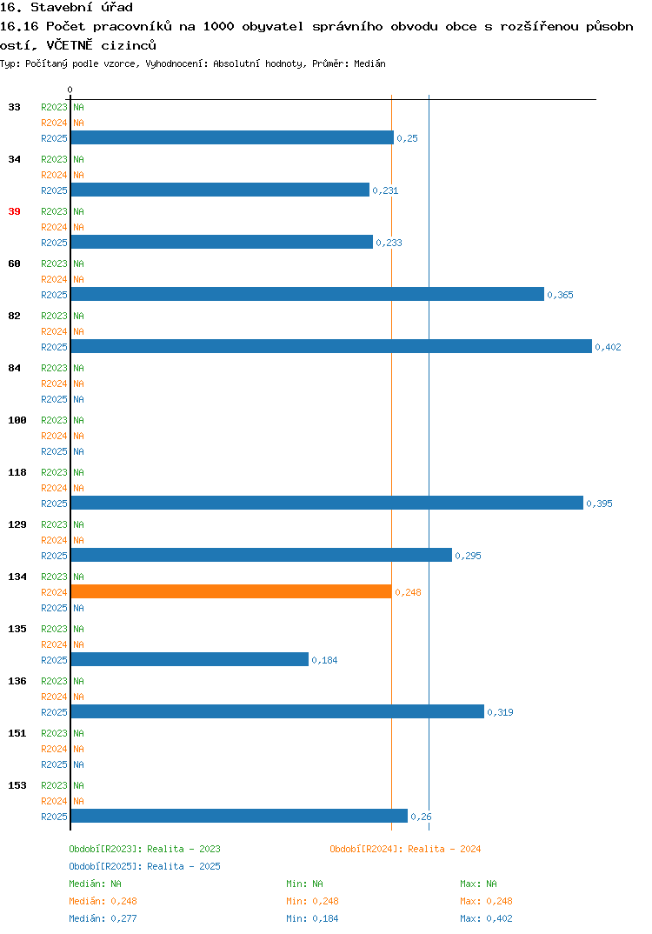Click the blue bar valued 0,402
pyautogui.click(x=331, y=346)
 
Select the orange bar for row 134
pyautogui.click(x=231, y=591)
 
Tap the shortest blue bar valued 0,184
pyautogui.click(x=190, y=659)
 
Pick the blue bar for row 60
pyautogui.click(x=307, y=294)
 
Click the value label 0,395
pyautogui.click(x=599, y=504)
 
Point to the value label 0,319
pyautogui.click(x=500, y=712)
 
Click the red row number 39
pyautogui.click(x=14, y=211)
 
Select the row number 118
pyautogui.click(x=17, y=472)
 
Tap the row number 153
pyautogui.click(x=17, y=785)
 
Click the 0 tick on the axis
pyautogui.click(x=70, y=90)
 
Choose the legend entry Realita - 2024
pyautogui.click(x=405, y=849)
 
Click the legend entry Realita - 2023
pyautogui.click(x=144, y=849)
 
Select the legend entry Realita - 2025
pyautogui.click(x=144, y=866)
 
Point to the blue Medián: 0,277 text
pyautogui.click(x=103, y=918)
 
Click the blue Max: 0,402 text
pyautogui.click(x=486, y=918)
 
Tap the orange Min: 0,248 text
pyautogui.click(x=312, y=901)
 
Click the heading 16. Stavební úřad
pyautogui.click(x=66, y=7)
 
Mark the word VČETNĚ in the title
pyautogui.click(x=70, y=45)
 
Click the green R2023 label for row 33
pyautogui.click(x=54, y=107)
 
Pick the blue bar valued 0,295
pyautogui.click(x=262, y=555)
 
